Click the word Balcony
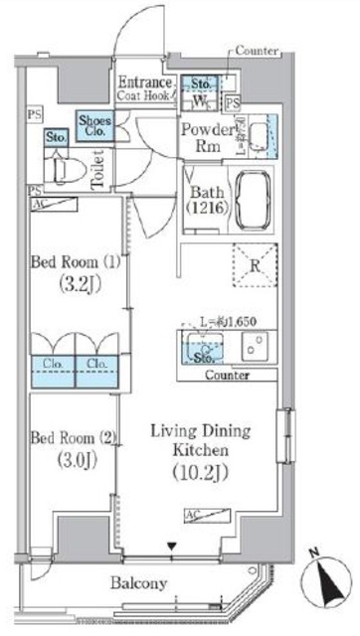click(139, 583)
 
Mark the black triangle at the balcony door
click(173, 546)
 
